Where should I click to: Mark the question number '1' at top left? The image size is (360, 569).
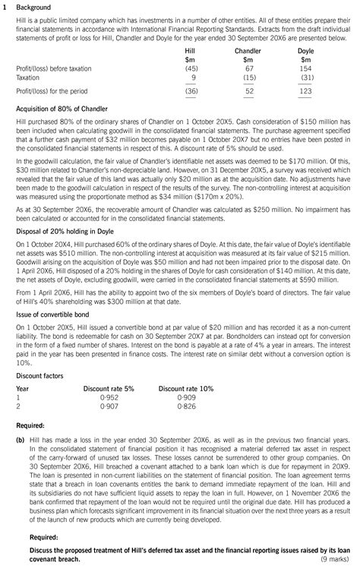(x=5, y=7)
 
